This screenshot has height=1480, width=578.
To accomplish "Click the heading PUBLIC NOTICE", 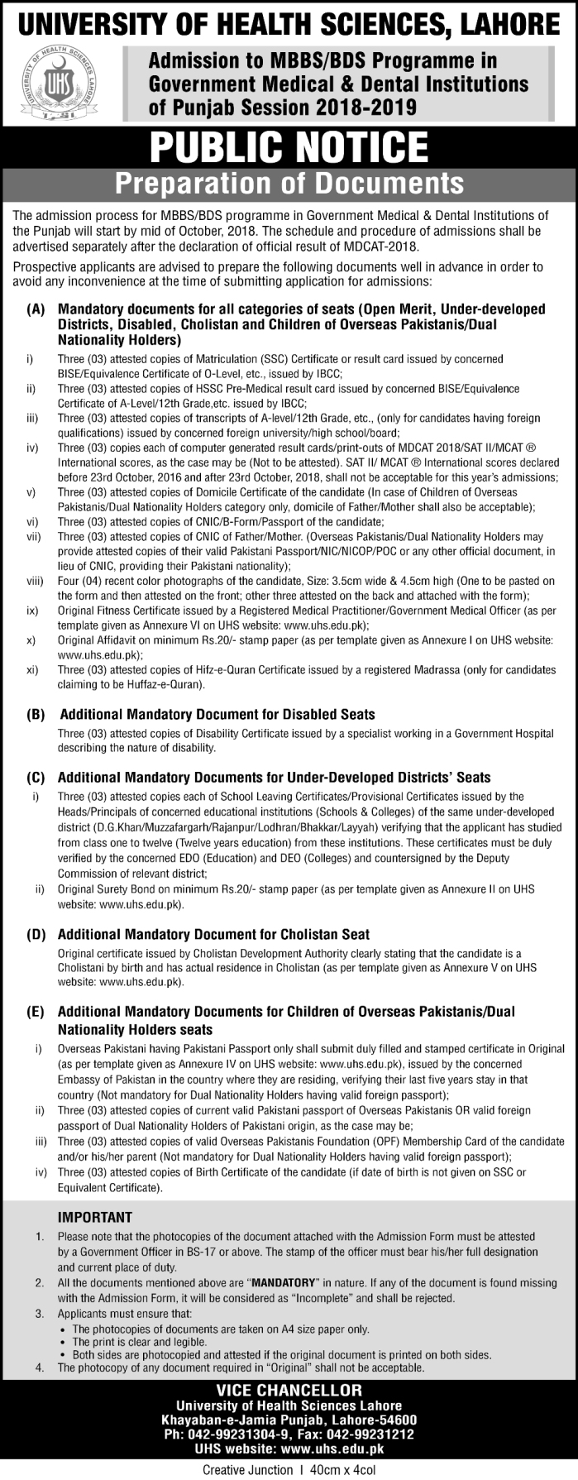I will click(289, 146).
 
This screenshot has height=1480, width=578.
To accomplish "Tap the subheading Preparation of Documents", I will click(289, 184).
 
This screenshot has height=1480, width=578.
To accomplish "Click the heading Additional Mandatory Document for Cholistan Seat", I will click(213, 935).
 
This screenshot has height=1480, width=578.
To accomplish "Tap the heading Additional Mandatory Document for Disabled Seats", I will click(217, 714).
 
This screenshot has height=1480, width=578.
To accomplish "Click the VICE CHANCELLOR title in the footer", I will click(289, 1391).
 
